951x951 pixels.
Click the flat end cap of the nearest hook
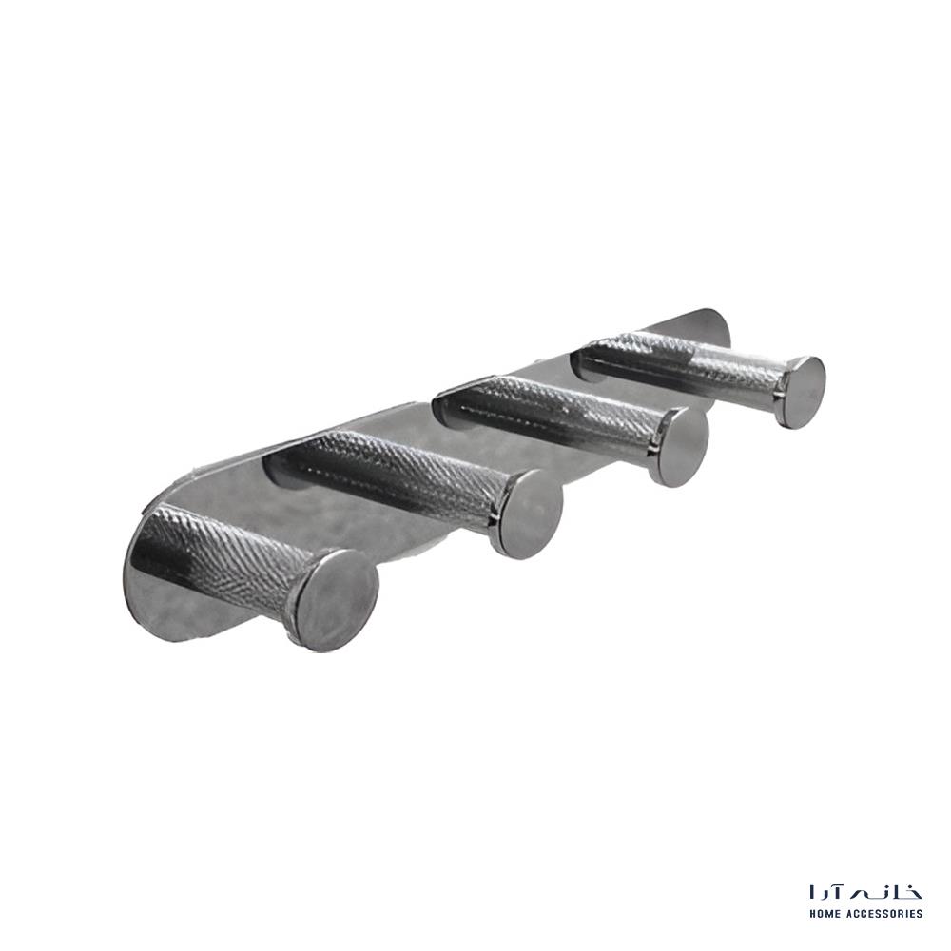pyautogui.click(x=338, y=600)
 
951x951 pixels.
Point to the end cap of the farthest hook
pyautogui.click(x=804, y=393)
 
